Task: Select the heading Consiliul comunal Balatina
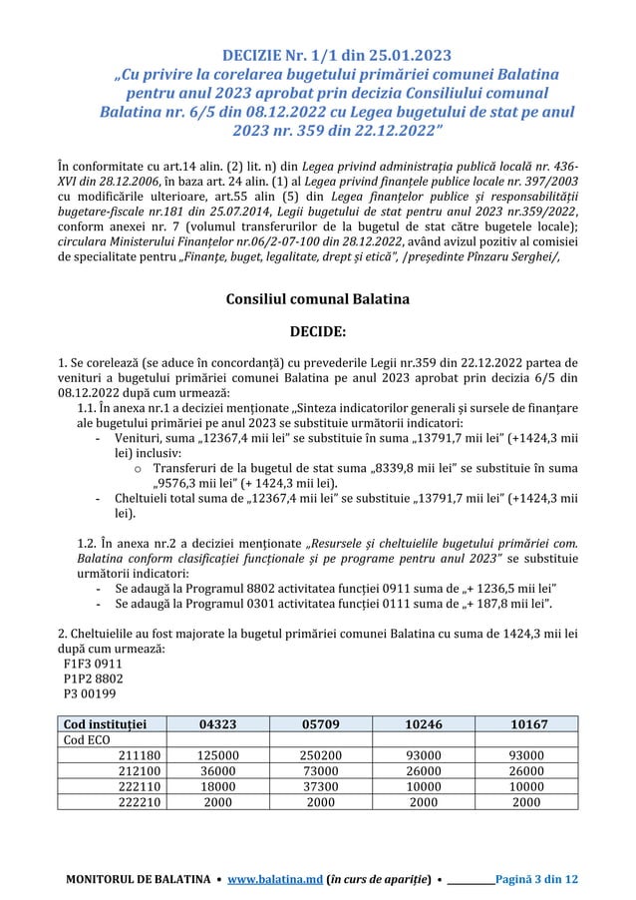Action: coord(318,297)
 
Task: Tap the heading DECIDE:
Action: coord(318,330)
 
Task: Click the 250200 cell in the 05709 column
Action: coord(321,756)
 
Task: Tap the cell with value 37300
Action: coord(321,788)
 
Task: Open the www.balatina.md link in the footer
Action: coord(280,880)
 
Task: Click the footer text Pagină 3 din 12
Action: coord(544,880)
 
